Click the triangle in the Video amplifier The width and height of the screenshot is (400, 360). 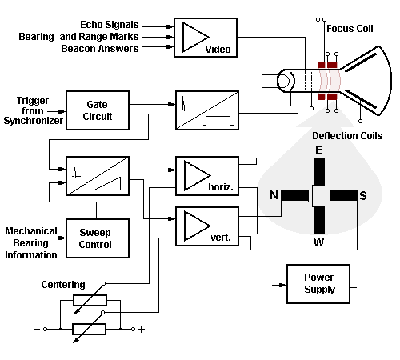coord(196,37)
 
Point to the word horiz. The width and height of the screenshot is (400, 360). coord(221,187)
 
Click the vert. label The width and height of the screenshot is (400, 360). coord(221,238)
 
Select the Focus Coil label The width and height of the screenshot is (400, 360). coord(350,29)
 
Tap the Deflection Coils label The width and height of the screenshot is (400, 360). coord(347,136)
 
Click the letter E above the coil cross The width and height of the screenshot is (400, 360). coord(319,150)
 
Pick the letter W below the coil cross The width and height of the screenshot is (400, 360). coord(318,242)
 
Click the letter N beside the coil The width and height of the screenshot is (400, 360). coord(274,195)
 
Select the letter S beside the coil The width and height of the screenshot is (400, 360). coord(363,195)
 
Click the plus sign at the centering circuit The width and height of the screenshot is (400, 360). coord(142,330)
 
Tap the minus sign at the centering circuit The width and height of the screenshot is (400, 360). coord(37,330)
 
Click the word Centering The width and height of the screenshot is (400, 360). coord(63,285)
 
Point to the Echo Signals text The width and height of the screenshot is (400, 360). coord(110,25)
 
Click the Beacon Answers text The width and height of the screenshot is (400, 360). coord(100,49)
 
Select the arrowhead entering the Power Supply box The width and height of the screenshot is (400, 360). coord(282,285)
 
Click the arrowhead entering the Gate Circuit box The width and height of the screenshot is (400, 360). coord(62,111)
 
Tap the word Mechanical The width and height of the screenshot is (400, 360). coord(31,231)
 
